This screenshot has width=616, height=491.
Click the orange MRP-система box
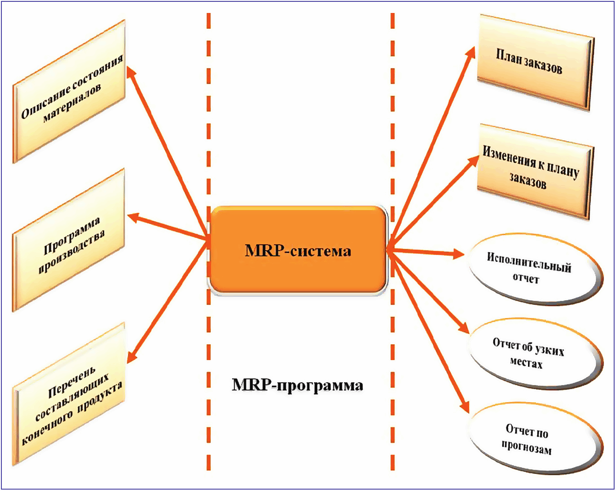coord(298,250)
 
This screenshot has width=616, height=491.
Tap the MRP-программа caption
coord(297,385)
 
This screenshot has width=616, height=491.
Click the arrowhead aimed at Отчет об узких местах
coord(464,327)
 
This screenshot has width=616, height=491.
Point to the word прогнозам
coord(527,447)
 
